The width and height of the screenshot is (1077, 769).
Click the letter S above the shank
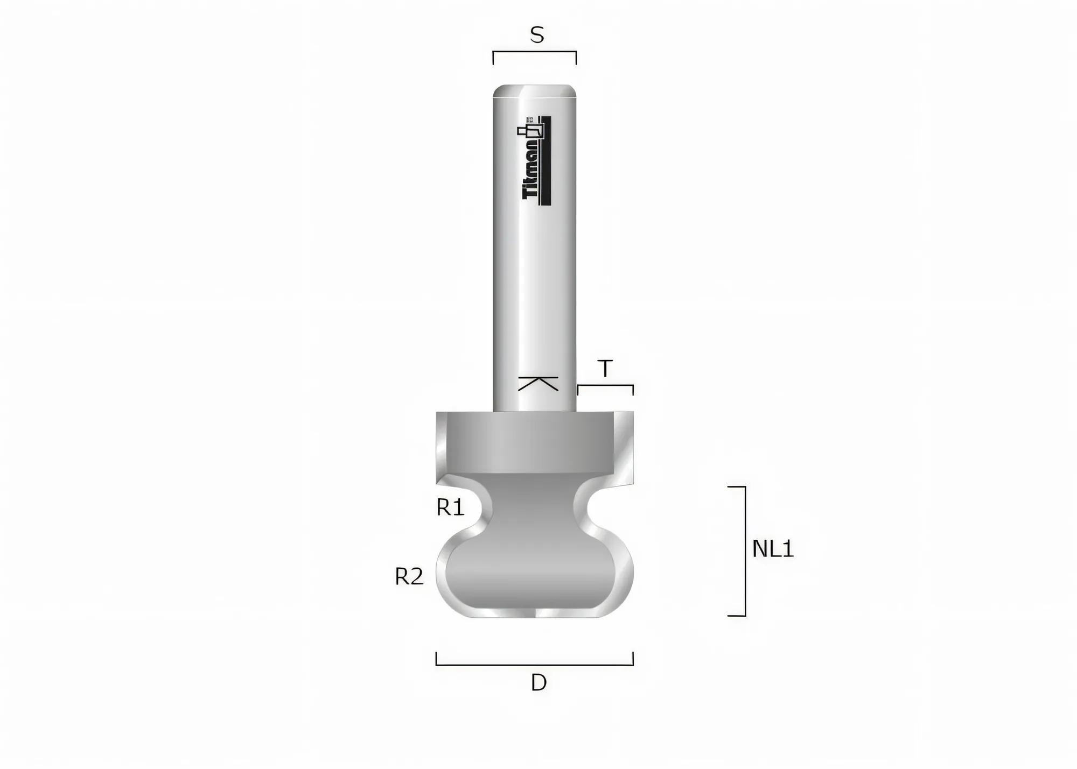(537, 36)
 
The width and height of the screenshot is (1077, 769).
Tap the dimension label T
(605, 369)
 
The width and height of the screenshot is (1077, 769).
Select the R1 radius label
(450, 507)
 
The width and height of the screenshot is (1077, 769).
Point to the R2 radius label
(409, 577)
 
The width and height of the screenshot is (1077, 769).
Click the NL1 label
(773, 549)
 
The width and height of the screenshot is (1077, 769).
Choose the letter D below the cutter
(538, 683)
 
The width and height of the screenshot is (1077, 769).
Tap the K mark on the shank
(538, 383)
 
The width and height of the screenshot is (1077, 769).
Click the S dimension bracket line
(535, 52)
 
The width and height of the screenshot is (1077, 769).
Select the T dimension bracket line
(605, 385)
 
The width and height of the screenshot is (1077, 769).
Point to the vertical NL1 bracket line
(745, 551)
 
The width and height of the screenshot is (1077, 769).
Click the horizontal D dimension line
(535, 665)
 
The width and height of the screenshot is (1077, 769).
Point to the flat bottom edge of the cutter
(535, 616)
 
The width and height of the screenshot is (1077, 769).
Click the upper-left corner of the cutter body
(438, 414)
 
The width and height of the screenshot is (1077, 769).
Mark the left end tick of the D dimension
(436, 659)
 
